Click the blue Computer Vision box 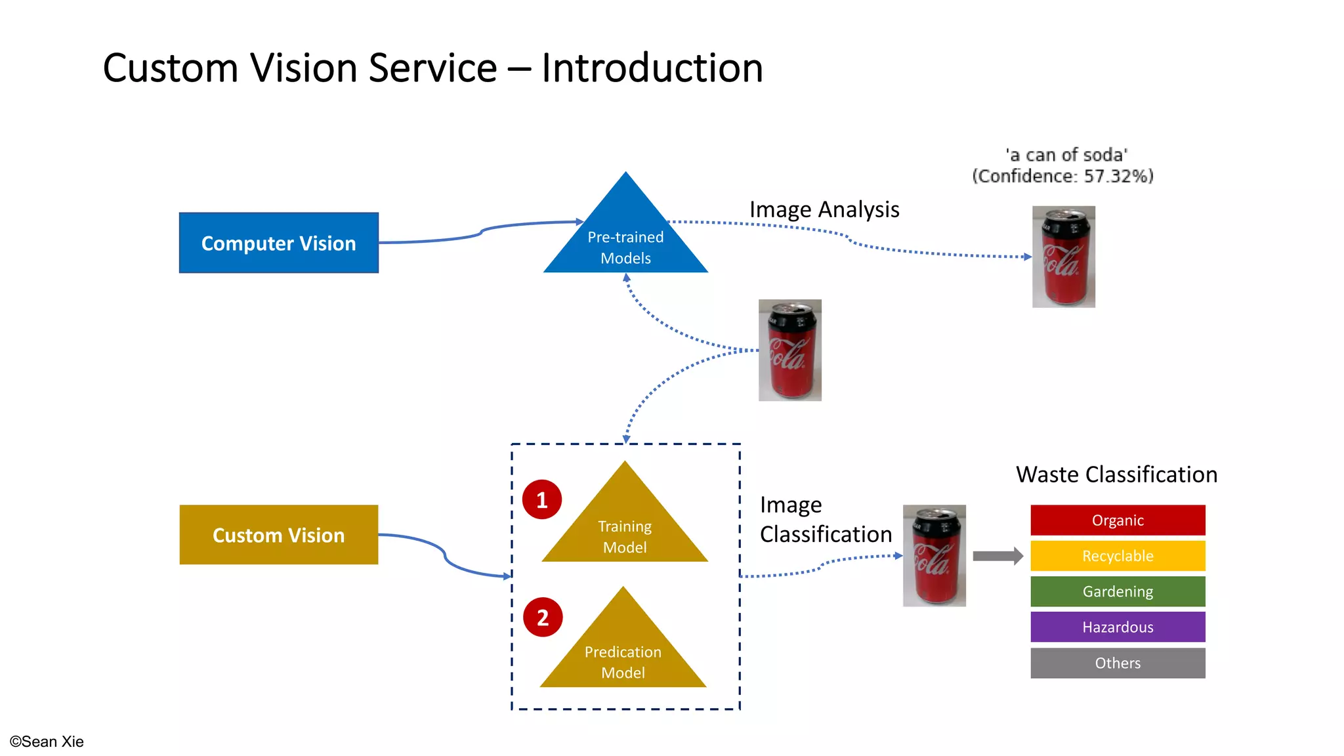[x=278, y=243]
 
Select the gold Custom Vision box [x=278, y=535]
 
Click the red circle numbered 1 [x=542, y=500]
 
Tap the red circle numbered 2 [x=543, y=617]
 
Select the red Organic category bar [x=1118, y=520]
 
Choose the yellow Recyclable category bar [x=1118, y=556]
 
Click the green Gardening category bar [x=1118, y=591]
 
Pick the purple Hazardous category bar [x=1118, y=627]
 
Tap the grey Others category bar [x=1118, y=663]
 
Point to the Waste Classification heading [x=1116, y=474]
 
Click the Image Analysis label [x=824, y=209]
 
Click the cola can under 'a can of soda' [x=1063, y=257]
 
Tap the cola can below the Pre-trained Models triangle [x=789, y=350]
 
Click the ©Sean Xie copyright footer [x=47, y=742]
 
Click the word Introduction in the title [x=652, y=68]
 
